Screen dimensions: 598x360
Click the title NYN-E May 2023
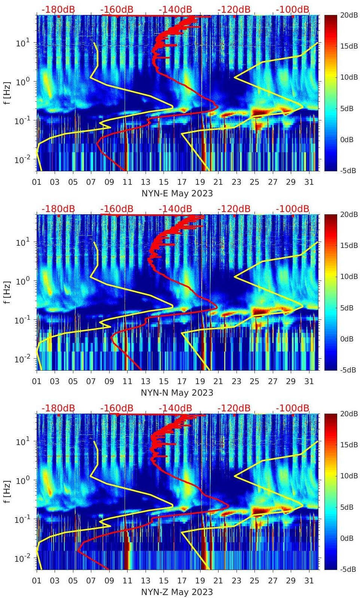pos(177,193)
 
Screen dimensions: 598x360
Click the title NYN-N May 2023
pos(177,393)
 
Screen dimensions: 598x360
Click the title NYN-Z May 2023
pos(177,592)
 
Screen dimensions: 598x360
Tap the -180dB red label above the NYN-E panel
pos(58,9)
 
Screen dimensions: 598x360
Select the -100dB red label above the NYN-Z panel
pos(293,408)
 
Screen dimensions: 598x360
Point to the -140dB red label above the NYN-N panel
pos(175,209)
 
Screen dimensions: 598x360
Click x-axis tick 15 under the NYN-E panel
pos(164,182)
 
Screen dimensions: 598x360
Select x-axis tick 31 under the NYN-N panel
pos(309,381)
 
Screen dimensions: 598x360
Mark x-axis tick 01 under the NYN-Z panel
pos(37,581)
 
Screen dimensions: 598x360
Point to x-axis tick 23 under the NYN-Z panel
pos(236,581)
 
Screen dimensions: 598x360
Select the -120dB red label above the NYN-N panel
pos(234,209)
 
